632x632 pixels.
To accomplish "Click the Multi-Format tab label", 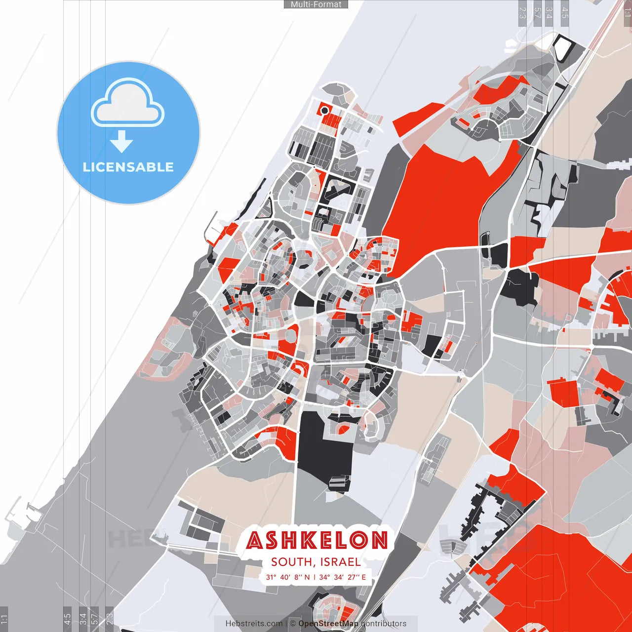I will [316, 4].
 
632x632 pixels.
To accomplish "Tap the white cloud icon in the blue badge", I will [128, 104].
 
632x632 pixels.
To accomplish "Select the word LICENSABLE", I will [128, 167].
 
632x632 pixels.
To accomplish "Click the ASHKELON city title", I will [317, 540].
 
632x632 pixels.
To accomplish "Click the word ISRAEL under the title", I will [340, 562].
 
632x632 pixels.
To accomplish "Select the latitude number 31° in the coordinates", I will [271, 577].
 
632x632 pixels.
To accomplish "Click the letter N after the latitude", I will [307, 577].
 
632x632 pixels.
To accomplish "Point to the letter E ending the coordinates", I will [364, 577].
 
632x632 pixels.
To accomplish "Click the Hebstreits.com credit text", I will [254, 624].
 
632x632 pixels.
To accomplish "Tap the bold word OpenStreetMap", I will [328, 624].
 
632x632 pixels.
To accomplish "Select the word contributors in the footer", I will [384, 624].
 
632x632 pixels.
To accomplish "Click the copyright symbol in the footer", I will [293, 624].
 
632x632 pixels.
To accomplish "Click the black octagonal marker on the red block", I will [324, 110].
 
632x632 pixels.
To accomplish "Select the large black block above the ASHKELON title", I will [323, 444].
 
